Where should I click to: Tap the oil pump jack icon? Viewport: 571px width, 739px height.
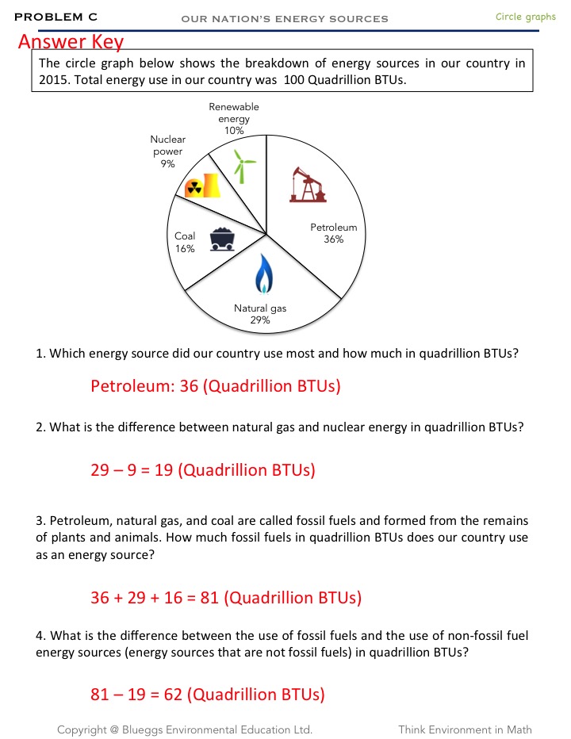tap(308, 184)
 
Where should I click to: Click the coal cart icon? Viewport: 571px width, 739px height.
tap(222, 239)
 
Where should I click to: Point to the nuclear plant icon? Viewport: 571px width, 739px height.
tap(201, 186)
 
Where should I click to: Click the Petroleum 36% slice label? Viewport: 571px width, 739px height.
tap(333, 233)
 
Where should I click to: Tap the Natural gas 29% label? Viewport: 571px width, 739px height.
tap(260, 314)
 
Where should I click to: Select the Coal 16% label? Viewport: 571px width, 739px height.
tap(185, 242)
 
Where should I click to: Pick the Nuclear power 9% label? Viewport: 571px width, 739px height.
tap(167, 151)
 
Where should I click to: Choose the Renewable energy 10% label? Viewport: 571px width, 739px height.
tap(234, 118)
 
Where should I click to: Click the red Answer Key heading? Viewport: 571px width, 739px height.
tap(71, 41)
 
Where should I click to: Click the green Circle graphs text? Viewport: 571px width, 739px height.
tap(525, 17)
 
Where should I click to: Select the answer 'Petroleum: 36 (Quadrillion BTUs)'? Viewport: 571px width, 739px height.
tap(215, 387)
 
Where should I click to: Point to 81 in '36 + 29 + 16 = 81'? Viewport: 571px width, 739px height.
tap(209, 598)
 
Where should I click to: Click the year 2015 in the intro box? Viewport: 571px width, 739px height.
tap(56, 80)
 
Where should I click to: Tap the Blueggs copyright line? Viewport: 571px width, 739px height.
tap(184, 729)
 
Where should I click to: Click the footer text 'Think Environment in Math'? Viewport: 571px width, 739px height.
tap(465, 729)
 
